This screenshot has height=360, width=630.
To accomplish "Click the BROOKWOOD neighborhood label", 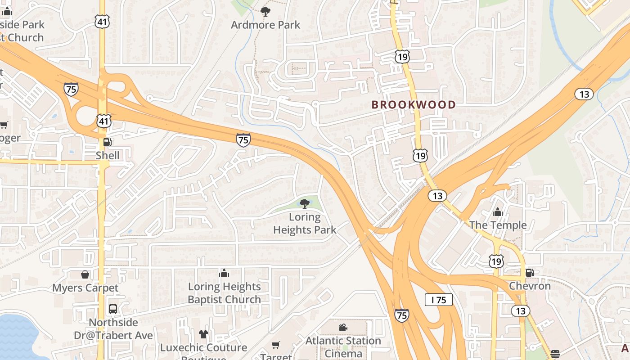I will (x=414, y=105).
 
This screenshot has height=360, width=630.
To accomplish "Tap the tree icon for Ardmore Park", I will (x=265, y=11).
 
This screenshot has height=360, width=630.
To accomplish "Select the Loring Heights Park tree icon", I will (x=305, y=203).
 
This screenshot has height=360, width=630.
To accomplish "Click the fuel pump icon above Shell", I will (x=108, y=142).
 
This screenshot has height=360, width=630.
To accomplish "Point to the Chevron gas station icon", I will (x=530, y=272).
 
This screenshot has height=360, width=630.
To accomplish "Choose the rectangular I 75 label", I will (x=438, y=300).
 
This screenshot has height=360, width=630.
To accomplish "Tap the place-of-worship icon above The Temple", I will (x=498, y=211).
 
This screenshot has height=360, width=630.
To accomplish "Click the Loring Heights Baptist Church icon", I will (x=224, y=273).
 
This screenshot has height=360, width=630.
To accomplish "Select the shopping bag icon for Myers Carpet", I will (x=85, y=274).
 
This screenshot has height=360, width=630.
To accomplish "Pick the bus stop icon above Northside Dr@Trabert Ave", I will (x=113, y=309).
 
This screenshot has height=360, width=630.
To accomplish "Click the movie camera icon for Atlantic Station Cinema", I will (x=343, y=327).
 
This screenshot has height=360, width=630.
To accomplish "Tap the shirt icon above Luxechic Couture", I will (x=203, y=334).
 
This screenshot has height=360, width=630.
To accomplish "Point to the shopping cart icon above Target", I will (x=276, y=345).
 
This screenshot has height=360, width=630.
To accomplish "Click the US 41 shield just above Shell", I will (x=103, y=121).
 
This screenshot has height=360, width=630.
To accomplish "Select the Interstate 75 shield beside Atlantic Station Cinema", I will (x=402, y=315).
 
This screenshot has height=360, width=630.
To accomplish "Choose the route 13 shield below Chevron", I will (x=521, y=310).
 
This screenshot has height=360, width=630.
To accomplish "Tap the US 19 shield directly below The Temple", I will (x=496, y=261).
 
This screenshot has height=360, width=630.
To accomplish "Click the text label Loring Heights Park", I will (x=305, y=224).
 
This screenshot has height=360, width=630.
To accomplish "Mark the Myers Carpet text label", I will (x=85, y=288).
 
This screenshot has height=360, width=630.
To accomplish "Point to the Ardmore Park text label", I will (x=265, y=25).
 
